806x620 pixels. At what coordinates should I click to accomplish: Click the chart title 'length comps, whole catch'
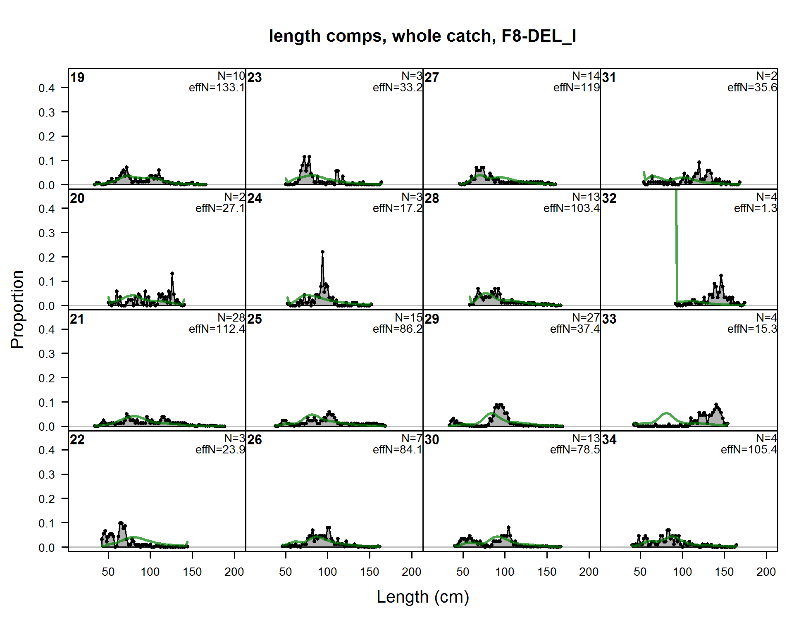tap(422, 36)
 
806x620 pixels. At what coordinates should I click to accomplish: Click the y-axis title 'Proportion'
tap(17, 310)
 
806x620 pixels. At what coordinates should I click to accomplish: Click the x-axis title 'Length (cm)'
tap(423, 597)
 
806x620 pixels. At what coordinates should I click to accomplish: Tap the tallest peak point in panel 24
tap(322, 252)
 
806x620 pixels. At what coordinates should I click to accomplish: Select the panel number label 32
tap(609, 198)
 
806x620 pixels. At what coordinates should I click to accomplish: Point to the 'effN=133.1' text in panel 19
tap(217, 88)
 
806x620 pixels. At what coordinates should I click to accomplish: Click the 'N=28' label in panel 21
tap(231, 318)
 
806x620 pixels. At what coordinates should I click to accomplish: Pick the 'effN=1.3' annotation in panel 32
tap(755, 208)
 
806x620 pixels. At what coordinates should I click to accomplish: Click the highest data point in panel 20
tap(172, 274)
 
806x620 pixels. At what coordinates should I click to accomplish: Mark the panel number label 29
tap(432, 319)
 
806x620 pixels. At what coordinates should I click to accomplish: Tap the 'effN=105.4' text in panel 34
tap(749, 450)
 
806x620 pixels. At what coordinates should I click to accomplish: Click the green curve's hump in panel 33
tap(666, 413)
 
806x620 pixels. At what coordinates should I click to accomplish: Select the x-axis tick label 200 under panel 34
tap(766, 572)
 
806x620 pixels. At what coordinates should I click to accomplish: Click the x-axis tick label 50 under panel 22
tap(108, 572)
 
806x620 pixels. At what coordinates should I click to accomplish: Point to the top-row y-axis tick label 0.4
tap(47, 88)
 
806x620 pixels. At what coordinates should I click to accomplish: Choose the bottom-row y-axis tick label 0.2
tap(47, 499)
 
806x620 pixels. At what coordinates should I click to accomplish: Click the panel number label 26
tap(255, 440)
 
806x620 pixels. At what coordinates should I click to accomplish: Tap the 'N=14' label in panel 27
tap(586, 76)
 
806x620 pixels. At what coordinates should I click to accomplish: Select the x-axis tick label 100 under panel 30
tap(505, 572)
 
